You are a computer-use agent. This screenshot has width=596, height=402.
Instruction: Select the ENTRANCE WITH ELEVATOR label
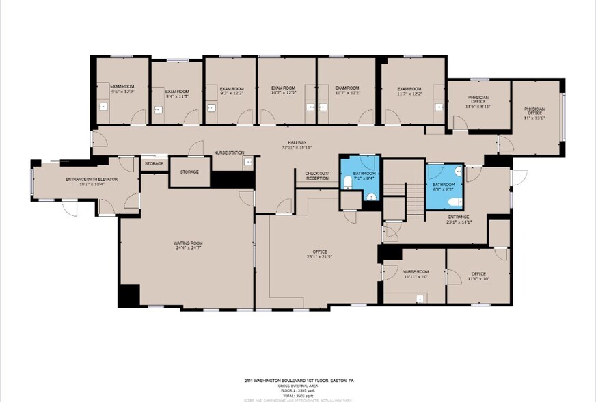[92, 179]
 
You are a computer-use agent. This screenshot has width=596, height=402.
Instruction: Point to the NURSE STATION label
[229, 152]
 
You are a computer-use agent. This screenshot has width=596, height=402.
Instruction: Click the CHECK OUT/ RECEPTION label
[316, 176]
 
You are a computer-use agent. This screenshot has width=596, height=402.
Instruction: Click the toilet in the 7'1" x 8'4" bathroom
[348, 181]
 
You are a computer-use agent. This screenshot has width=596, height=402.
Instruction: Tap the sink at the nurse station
[248, 162]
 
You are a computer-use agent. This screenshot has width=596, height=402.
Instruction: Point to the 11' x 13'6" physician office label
[534, 111]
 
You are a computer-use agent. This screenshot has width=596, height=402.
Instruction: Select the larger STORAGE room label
[189, 172]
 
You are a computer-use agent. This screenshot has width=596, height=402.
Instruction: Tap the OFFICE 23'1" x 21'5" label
[319, 254]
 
